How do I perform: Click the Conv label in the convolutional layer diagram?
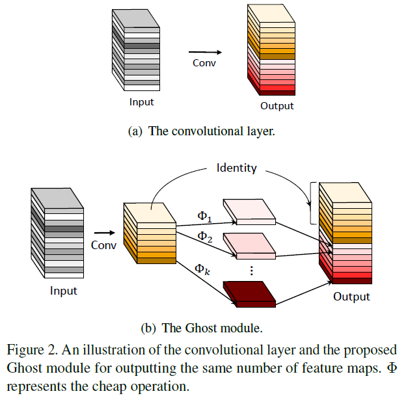(204, 63)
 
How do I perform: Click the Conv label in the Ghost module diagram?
(103, 245)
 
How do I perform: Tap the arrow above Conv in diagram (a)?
(205, 53)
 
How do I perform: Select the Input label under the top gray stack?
(141, 102)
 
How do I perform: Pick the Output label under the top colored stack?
(277, 106)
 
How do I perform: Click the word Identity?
(236, 168)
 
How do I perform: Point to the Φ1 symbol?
(206, 214)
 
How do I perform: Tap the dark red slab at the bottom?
(249, 293)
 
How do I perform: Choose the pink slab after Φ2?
(249, 245)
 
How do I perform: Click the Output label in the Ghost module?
(351, 297)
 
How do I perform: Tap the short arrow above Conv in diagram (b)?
(103, 231)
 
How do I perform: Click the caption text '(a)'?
(135, 131)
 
